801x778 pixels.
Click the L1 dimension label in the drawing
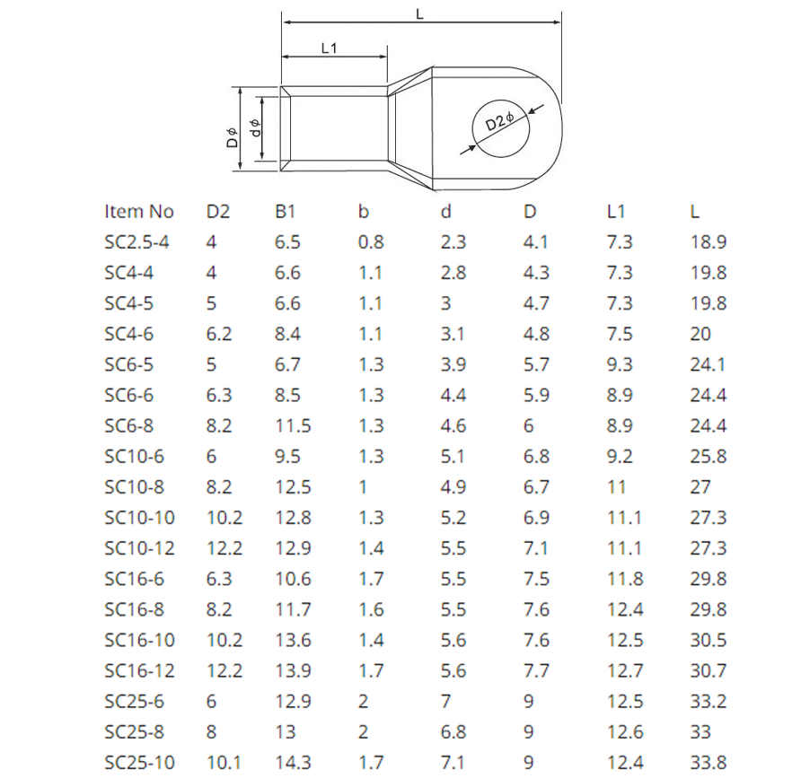coord(329,48)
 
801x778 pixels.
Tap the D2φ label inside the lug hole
coord(499,121)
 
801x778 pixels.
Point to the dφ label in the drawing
coord(255,128)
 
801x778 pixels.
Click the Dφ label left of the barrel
coord(233,136)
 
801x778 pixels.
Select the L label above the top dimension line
coord(420,14)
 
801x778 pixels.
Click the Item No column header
coord(139,212)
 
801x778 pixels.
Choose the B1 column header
coord(285,212)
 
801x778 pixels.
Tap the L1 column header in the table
coord(615,212)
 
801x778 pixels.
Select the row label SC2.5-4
coord(136,242)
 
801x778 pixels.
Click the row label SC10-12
coord(139,548)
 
